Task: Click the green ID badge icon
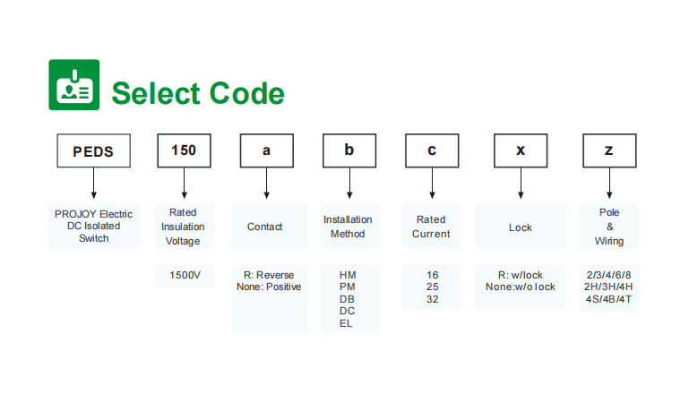(73, 85)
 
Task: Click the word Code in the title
(247, 93)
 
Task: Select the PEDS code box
(93, 150)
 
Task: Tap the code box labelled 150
(184, 150)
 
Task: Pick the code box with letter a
(267, 150)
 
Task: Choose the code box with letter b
(349, 150)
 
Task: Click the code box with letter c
(432, 150)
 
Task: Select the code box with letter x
(521, 150)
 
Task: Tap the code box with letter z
(609, 150)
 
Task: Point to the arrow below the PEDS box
(93, 184)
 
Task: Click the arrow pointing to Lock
(521, 184)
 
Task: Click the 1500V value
(185, 276)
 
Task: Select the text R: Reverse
(269, 275)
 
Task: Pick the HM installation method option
(348, 275)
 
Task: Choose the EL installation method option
(346, 324)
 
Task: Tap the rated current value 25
(433, 287)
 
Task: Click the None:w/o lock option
(521, 287)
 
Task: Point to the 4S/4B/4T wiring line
(608, 299)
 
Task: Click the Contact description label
(264, 227)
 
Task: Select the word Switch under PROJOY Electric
(93, 238)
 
